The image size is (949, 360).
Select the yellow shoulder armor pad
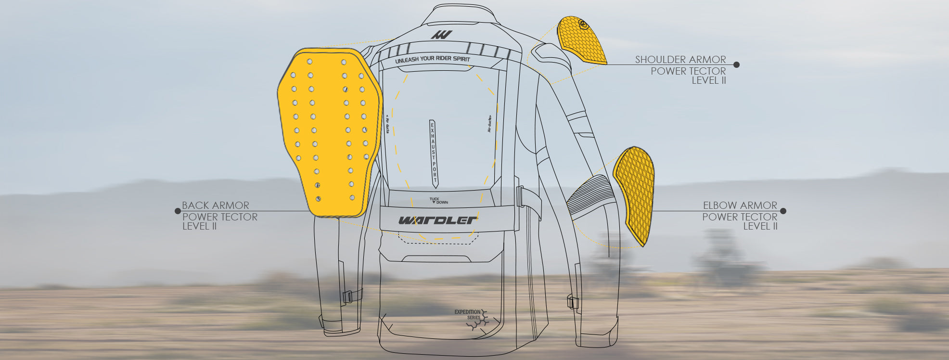[x=581, y=41]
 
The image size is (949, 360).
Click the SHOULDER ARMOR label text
[x=680, y=60]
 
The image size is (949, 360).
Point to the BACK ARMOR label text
[x=216, y=206]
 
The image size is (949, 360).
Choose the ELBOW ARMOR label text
[x=740, y=206]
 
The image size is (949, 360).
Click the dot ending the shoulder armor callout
[x=736, y=64]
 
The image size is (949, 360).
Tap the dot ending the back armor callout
[x=178, y=211]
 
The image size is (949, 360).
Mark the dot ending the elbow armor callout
[x=783, y=211]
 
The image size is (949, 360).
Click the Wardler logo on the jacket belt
[x=437, y=220]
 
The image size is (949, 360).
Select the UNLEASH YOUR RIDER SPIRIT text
[x=432, y=60]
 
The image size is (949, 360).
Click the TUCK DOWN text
[x=438, y=201]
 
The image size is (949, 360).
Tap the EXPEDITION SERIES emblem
[x=472, y=317]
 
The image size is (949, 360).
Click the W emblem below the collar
[x=441, y=35]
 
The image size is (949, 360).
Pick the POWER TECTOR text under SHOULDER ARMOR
[x=688, y=71]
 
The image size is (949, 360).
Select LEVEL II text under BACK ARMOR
[x=200, y=226]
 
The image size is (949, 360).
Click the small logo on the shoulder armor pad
[x=584, y=24]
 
